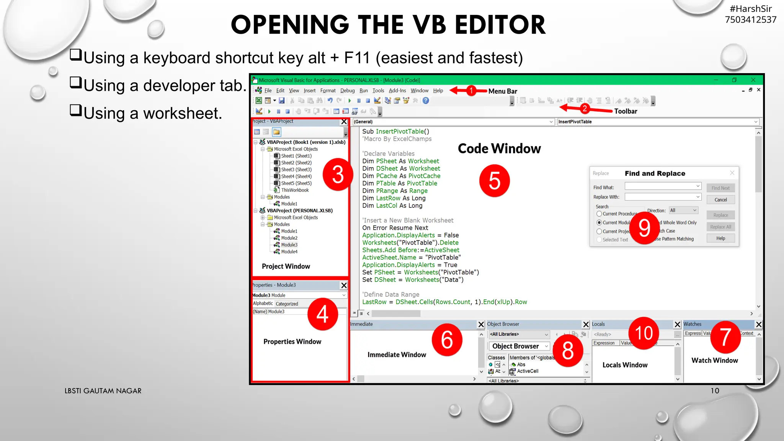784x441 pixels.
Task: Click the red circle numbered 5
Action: click(x=494, y=181)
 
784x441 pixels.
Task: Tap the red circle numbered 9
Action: click(x=644, y=228)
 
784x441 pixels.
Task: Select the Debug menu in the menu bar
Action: click(x=347, y=91)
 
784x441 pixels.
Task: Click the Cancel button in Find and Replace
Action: click(x=720, y=200)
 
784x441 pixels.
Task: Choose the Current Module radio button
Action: click(x=599, y=222)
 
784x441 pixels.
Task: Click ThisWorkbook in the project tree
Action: click(x=294, y=190)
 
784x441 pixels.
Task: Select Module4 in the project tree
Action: click(x=289, y=252)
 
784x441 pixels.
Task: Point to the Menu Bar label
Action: click(x=503, y=91)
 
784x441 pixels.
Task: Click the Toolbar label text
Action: click(x=626, y=111)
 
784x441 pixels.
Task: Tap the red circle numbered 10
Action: click(x=644, y=333)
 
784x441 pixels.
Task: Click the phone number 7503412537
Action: click(x=750, y=20)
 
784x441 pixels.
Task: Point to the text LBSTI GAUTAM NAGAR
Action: click(x=103, y=391)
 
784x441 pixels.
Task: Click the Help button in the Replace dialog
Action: click(x=720, y=238)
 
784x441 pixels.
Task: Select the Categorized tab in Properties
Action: click(x=287, y=304)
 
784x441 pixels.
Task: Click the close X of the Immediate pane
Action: click(x=481, y=325)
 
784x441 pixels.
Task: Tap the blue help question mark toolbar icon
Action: click(x=426, y=101)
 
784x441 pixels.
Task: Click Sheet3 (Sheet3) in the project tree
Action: click(x=296, y=170)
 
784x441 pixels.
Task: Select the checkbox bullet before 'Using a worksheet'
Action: click(x=76, y=110)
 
